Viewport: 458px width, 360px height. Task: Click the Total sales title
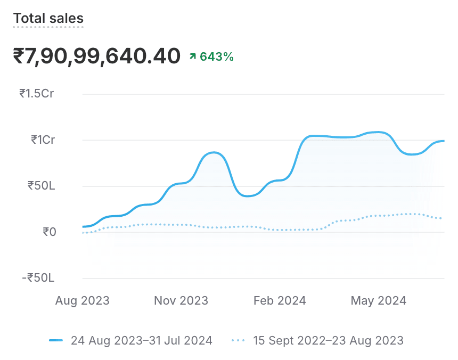tap(48, 19)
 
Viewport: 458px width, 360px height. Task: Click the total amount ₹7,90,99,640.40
tap(96, 55)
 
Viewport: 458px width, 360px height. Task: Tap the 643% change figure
tap(217, 56)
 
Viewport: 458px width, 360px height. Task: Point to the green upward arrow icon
tap(193, 56)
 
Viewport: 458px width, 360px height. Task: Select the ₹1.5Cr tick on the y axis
tap(37, 94)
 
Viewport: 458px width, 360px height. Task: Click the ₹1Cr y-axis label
tap(42, 140)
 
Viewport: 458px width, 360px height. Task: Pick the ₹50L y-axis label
tap(41, 186)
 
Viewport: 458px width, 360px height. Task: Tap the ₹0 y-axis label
tap(49, 232)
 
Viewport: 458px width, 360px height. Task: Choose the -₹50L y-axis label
tap(38, 278)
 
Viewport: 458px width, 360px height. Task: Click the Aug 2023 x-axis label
tap(83, 301)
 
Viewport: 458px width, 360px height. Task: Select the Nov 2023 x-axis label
tap(181, 301)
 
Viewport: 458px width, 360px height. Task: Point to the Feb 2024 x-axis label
tap(280, 301)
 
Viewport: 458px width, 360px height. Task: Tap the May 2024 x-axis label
tap(378, 301)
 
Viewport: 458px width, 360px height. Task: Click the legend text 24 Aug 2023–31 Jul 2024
tap(141, 340)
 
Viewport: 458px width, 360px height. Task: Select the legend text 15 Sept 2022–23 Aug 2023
tap(328, 340)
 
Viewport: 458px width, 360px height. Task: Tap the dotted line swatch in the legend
tap(239, 340)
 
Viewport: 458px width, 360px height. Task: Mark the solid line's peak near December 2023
tap(214, 153)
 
